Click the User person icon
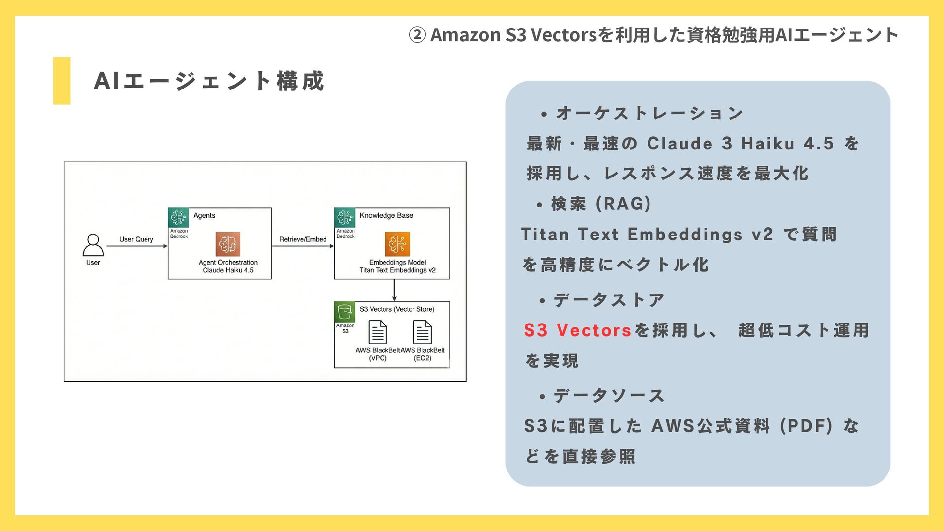point(93,244)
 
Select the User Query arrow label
point(136,239)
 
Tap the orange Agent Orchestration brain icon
point(228,244)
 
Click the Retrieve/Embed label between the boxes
point(303,239)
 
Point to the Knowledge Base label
point(386,215)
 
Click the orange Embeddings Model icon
point(397,244)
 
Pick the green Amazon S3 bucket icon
point(345,312)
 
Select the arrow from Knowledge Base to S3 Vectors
point(394,290)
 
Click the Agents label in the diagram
point(204,215)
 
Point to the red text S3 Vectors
point(577,330)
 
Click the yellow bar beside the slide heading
point(61,81)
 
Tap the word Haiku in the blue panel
point(767,144)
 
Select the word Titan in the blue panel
point(545,235)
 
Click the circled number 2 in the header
point(417,35)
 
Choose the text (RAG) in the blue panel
point(623,204)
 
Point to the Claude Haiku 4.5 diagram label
point(228,270)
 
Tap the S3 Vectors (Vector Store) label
point(397,309)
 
